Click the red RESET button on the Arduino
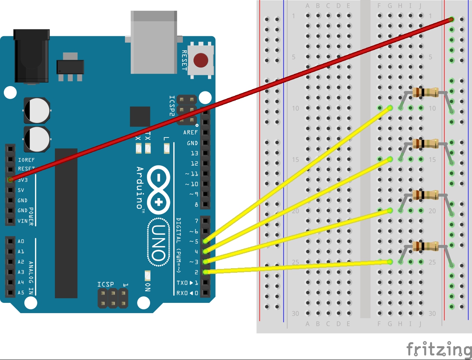tap(201, 60)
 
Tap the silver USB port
tap(154, 42)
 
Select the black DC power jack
tap(31, 56)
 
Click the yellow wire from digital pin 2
tap(297, 266)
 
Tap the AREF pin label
tap(190, 133)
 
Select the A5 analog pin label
tap(21, 293)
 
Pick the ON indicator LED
tap(147, 275)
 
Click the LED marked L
tap(166, 148)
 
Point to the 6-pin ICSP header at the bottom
tap(113, 298)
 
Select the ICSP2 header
tap(187, 110)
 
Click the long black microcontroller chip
tap(66, 223)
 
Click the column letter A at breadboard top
tap(308, 6)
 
